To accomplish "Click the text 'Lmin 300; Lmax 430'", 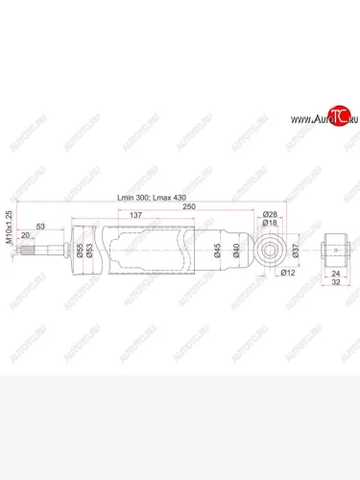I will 153,197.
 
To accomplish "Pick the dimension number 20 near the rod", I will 50,235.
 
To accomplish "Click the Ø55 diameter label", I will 80,253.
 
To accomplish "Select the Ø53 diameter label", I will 90,253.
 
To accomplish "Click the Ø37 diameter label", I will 296,252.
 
